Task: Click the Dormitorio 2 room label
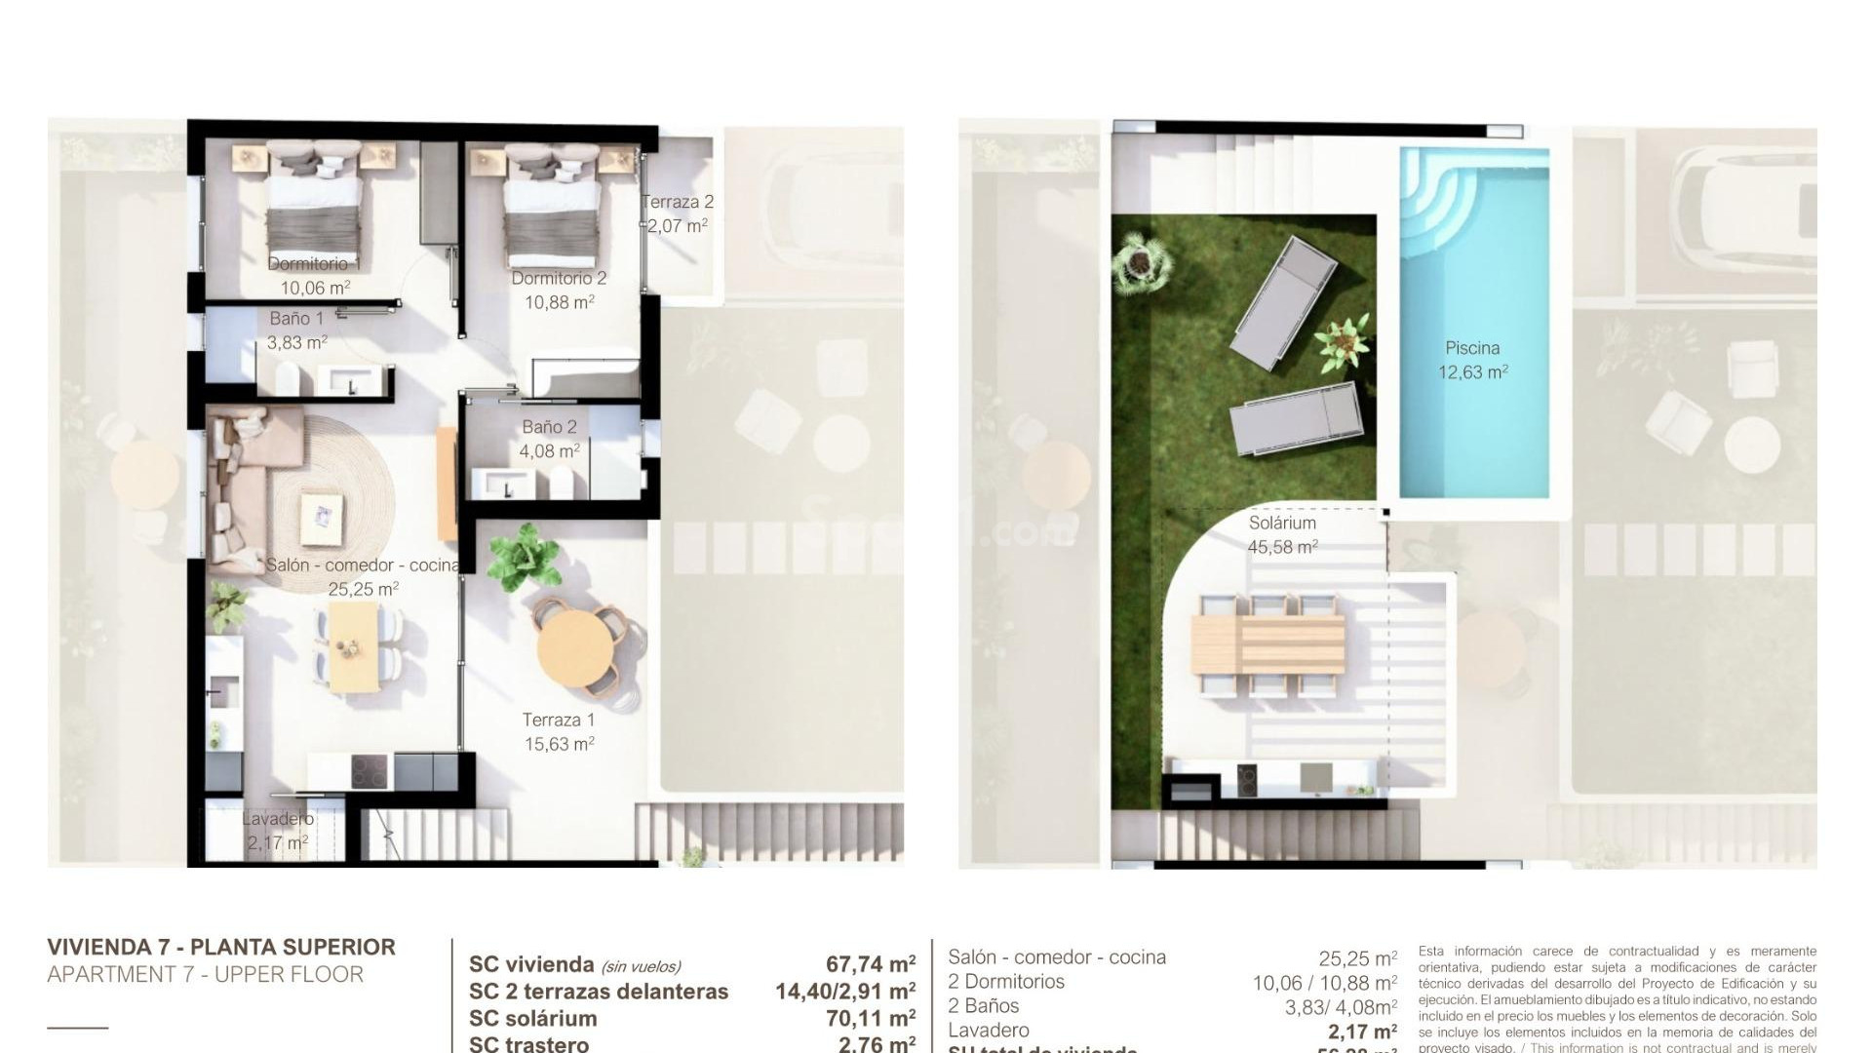click(x=559, y=279)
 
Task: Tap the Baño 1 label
click(x=296, y=319)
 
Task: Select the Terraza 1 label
click(x=558, y=721)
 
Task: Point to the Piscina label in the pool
click(x=1472, y=348)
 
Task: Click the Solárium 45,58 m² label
click(x=1282, y=534)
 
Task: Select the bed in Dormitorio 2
click(x=551, y=207)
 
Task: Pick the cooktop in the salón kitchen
click(x=369, y=773)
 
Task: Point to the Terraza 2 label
click(x=678, y=202)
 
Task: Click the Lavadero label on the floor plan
click(x=278, y=819)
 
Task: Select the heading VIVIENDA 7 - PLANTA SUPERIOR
click(x=221, y=947)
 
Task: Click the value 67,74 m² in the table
click(x=870, y=964)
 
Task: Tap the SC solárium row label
click(x=532, y=1018)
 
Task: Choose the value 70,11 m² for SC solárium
click(x=870, y=1019)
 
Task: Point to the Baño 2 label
click(x=549, y=427)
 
